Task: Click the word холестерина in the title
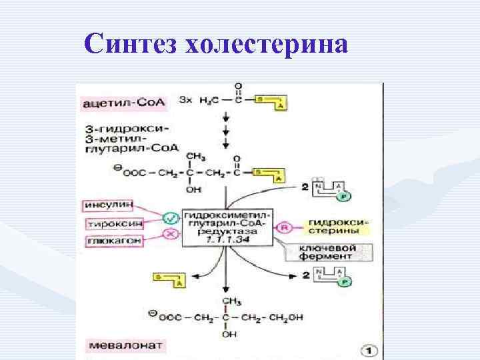[x=267, y=44]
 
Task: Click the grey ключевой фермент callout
[x=327, y=252]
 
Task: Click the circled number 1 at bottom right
[x=368, y=349]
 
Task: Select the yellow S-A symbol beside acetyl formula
[x=271, y=102]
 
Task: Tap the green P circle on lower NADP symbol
[x=345, y=283]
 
